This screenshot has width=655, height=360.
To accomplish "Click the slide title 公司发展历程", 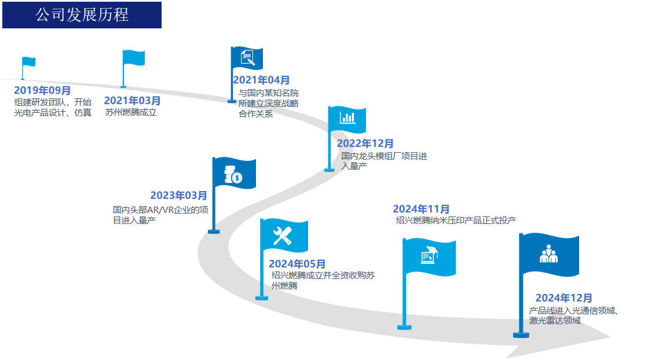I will pyautogui.click(x=82, y=15).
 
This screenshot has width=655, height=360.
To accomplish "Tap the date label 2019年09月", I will pyautogui.click(x=42, y=90).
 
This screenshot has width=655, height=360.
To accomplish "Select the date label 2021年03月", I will pyautogui.click(x=133, y=101).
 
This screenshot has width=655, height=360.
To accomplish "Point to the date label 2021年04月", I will pyautogui.click(x=261, y=80).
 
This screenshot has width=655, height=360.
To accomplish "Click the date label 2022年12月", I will pyautogui.click(x=365, y=144).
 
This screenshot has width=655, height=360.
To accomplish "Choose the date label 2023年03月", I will pyautogui.click(x=178, y=196).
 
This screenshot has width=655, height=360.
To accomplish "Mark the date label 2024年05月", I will pyautogui.click(x=297, y=265).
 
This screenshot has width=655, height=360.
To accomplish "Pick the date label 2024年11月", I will pyautogui.click(x=421, y=209).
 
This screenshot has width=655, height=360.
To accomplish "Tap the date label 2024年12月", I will pyautogui.click(x=563, y=298).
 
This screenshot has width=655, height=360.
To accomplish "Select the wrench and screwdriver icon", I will pyautogui.click(x=283, y=236).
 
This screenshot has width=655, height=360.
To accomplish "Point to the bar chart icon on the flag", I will pyautogui.click(x=348, y=117).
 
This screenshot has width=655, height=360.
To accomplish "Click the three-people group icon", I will pyautogui.click(x=548, y=254).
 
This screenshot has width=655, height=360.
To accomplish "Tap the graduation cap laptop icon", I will pyautogui.click(x=429, y=255).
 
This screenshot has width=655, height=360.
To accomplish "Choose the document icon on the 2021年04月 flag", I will pyautogui.click(x=247, y=57).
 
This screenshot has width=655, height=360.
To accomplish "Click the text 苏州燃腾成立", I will pyautogui.click(x=131, y=112).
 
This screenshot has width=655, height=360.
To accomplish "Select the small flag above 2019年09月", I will pyautogui.click(x=29, y=62).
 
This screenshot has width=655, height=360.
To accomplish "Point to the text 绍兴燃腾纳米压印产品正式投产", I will pyautogui.click(x=456, y=221).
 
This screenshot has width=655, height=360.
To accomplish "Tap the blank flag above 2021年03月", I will pyautogui.click(x=133, y=58).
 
